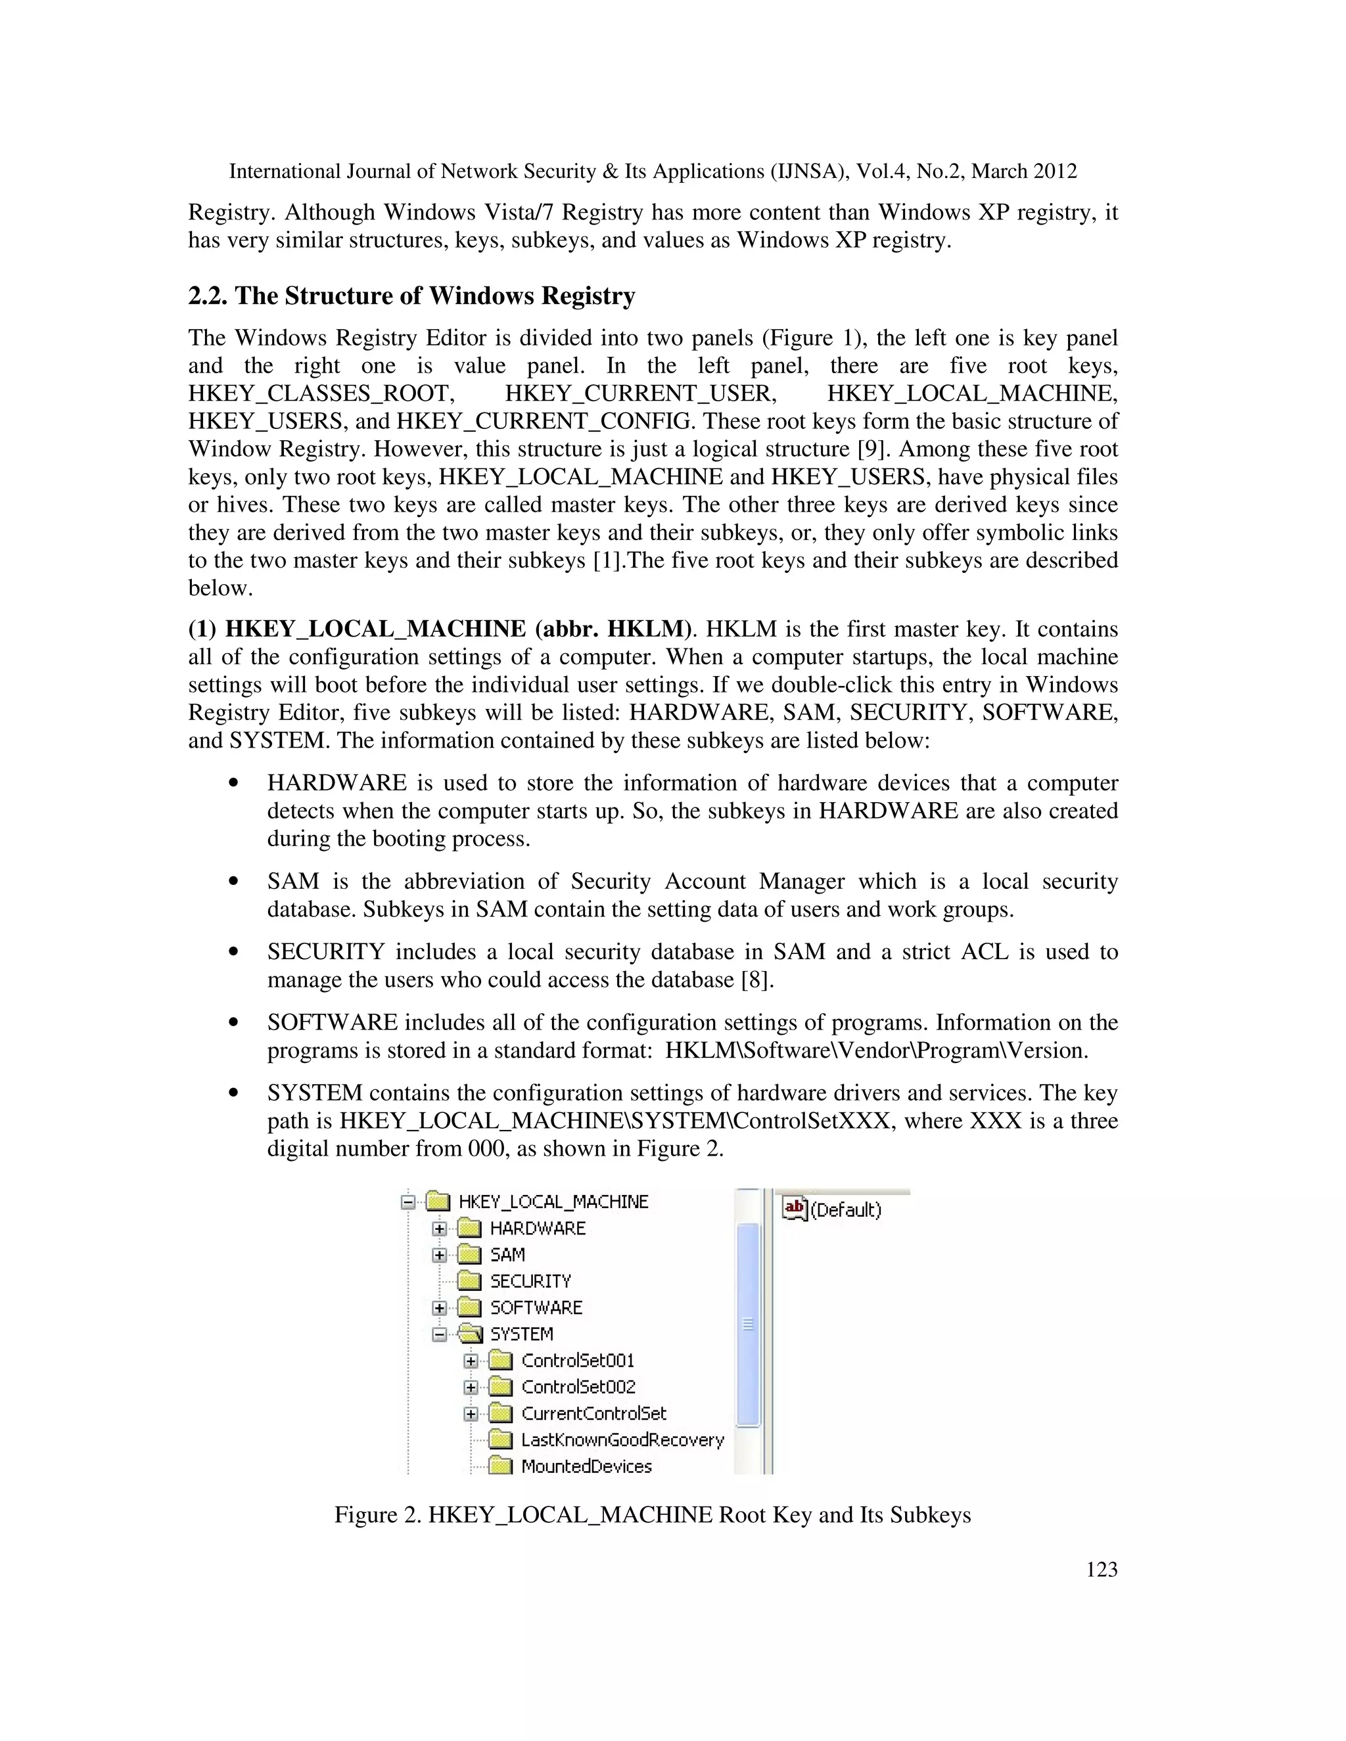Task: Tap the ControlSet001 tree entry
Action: pos(577,1360)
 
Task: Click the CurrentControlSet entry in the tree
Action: pos(593,1413)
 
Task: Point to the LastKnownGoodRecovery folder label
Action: pos(622,1439)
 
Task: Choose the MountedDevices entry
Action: pos(586,1465)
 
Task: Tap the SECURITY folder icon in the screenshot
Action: pos(470,1281)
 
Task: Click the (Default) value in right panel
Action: pos(846,1210)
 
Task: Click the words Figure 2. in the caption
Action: pos(377,1514)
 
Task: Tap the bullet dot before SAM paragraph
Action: pos(233,882)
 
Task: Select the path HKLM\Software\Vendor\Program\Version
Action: pos(875,1050)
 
